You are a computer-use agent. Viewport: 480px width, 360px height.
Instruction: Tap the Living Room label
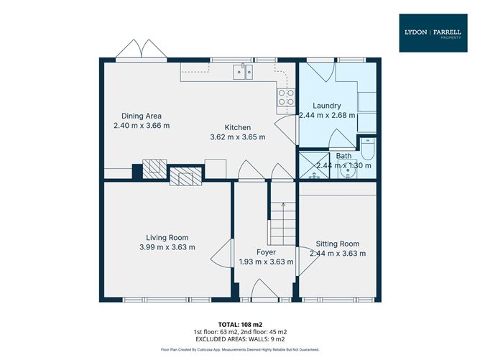167,238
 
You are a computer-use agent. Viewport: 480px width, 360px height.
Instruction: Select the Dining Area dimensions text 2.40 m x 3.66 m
141,125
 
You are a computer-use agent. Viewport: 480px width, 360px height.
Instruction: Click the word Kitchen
236,127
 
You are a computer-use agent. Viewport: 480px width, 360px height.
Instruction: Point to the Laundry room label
326,106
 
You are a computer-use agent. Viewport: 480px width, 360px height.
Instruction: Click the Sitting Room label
337,244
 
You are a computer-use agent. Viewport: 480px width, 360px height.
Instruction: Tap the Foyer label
266,252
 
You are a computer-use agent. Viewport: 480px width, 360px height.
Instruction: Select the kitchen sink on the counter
242,70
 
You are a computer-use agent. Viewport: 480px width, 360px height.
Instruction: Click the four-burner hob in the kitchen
285,98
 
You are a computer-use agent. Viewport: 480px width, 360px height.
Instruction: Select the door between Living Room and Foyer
225,256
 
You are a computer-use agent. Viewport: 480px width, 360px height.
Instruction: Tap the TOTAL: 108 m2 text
239,323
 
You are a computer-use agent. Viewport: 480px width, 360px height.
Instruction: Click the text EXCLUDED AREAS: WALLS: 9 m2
239,338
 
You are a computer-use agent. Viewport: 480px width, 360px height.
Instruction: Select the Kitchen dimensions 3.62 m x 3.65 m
237,137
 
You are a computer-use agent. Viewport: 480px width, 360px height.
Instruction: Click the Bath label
344,156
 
